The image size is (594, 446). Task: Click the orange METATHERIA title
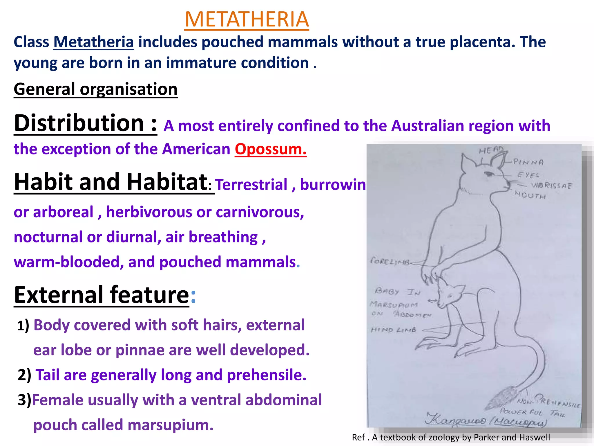tap(247, 19)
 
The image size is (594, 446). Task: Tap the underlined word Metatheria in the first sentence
tap(94, 42)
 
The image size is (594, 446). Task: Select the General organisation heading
tap(95, 89)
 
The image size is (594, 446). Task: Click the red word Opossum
tap(270, 149)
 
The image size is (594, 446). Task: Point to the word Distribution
tap(79, 123)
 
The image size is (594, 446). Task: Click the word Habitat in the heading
tap(167, 182)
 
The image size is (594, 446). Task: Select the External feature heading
tap(102, 295)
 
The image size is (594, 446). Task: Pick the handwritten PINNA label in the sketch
tap(528, 162)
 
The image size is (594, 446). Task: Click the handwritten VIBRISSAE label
tap(551, 186)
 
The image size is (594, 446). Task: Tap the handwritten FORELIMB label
tap(390, 261)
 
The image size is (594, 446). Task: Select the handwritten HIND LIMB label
tap(394, 330)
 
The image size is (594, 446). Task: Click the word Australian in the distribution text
tap(428, 126)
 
